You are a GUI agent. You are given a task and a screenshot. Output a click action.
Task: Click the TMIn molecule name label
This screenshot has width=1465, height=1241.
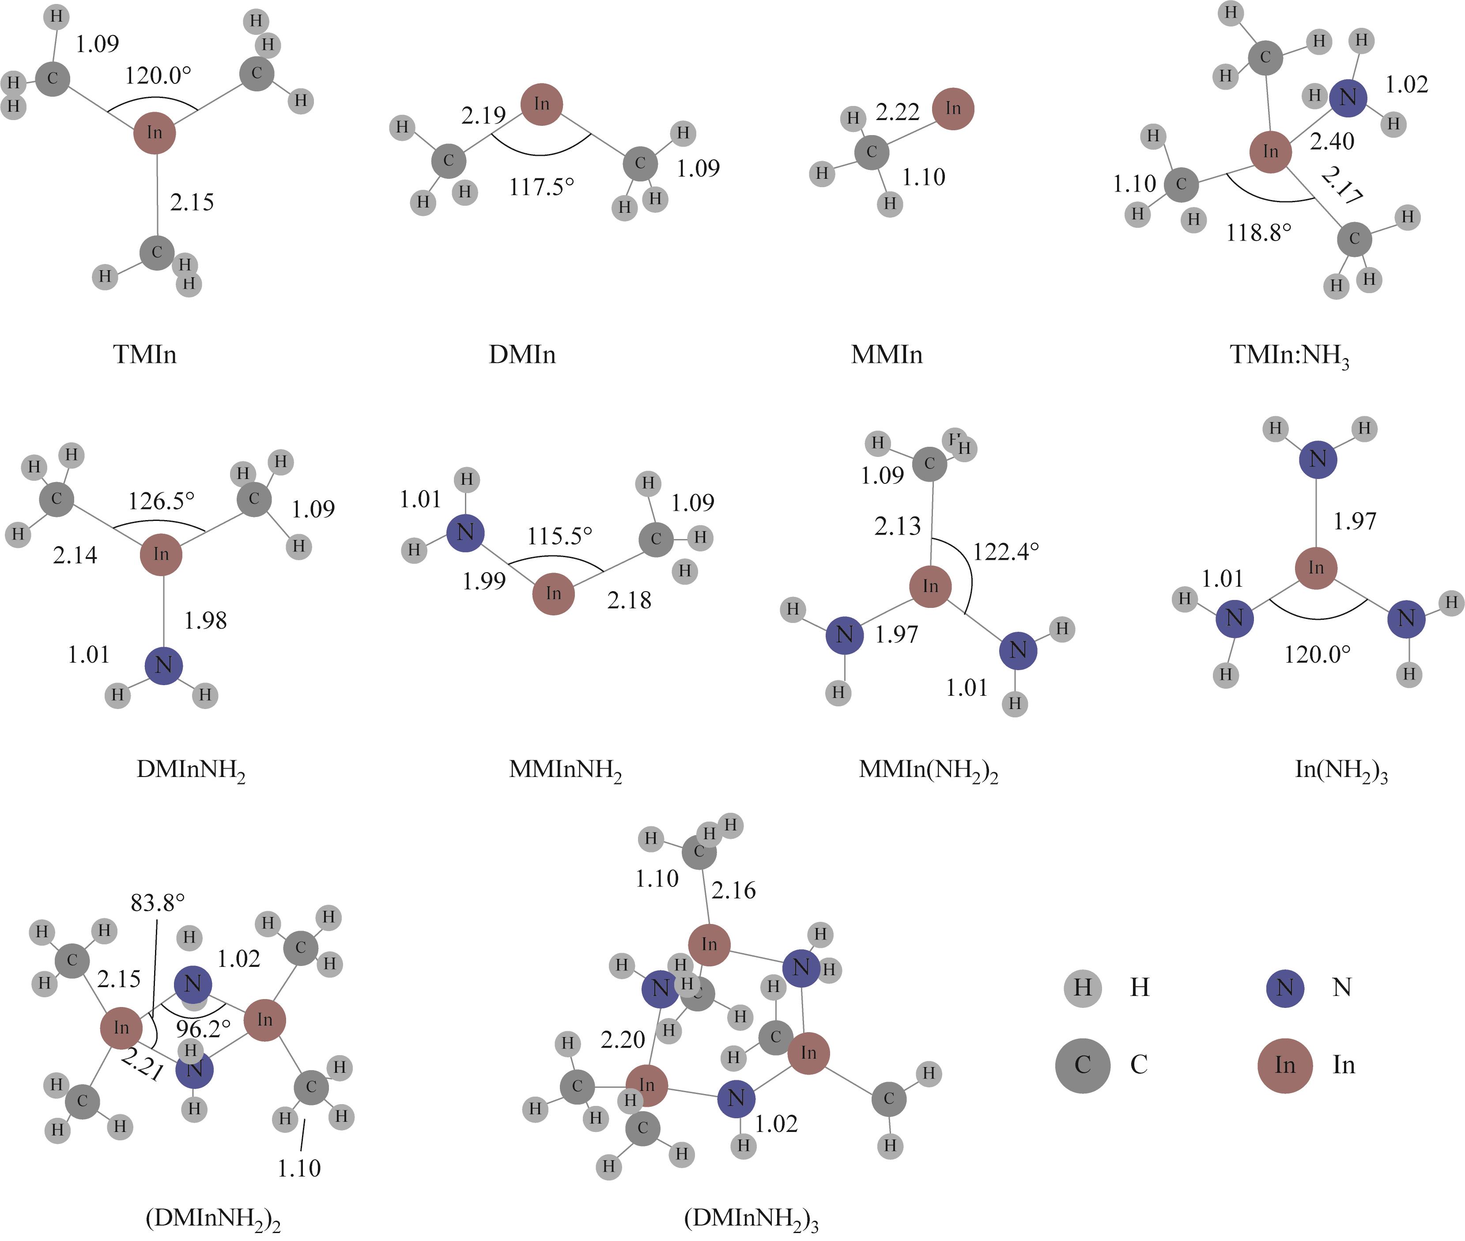pos(144,355)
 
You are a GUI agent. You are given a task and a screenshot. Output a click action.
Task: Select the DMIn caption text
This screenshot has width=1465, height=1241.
pos(522,355)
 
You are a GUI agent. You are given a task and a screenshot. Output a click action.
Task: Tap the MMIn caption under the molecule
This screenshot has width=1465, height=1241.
pos(887,355)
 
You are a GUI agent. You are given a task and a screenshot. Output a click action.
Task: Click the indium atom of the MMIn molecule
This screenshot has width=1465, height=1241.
pos(953,108)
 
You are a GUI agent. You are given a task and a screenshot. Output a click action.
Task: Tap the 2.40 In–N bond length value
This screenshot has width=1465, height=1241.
pos(1332,141)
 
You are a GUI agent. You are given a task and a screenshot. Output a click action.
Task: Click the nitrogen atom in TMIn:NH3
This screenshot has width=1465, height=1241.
pos(1348,98)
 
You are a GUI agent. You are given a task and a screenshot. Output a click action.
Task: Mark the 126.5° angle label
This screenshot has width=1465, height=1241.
pos(161,502)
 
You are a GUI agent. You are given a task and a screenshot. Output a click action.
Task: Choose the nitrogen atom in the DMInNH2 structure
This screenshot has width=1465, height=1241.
pos(163,665)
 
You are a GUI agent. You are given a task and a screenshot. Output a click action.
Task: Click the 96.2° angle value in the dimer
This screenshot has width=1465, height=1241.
pos(203,1029)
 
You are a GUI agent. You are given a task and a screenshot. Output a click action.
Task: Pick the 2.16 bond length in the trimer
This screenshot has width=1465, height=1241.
pos(733,890)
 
